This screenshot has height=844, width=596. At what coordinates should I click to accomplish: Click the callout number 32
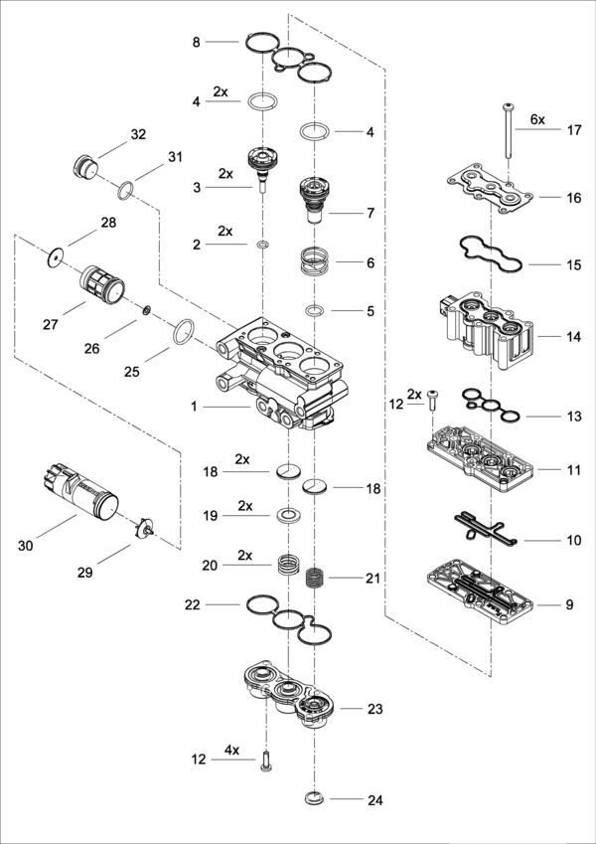138,134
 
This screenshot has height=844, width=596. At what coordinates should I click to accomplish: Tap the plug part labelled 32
85,166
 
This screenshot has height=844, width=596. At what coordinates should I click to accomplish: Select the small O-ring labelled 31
125,190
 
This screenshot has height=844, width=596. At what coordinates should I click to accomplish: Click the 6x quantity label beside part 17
537,119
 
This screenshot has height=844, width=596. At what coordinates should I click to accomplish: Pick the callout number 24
374,800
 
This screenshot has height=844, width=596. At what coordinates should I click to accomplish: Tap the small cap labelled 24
314,797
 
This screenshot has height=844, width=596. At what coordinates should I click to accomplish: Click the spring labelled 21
314,579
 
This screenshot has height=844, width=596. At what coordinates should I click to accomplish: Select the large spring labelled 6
314,260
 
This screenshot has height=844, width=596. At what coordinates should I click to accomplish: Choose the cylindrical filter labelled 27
102,282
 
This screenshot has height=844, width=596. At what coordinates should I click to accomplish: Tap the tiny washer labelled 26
146,309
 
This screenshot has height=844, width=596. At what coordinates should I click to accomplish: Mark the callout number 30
25,546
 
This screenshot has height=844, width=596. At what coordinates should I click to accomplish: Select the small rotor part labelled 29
144,527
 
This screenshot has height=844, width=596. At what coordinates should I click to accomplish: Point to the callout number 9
569,604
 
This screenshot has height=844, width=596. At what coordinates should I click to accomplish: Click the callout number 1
194,407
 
